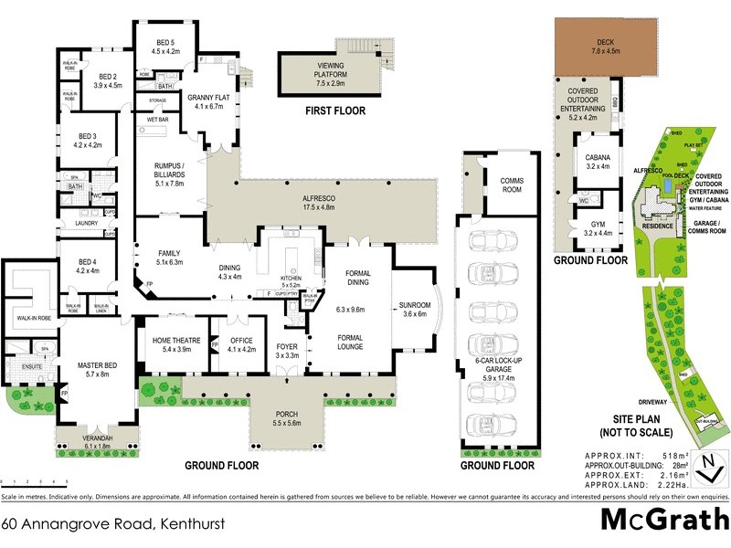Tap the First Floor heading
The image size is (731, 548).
334,111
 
